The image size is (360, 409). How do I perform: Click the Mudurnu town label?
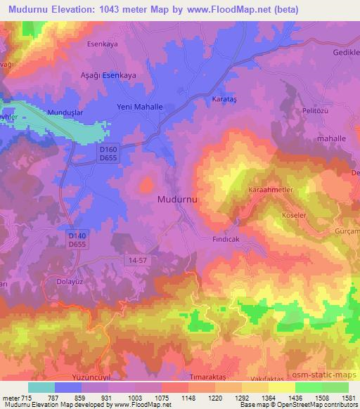coord(176,199)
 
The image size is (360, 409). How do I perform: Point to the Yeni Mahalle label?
coord(139,107)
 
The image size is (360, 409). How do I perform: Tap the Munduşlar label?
coord(65,112)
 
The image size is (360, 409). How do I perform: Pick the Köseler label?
coord(295,216)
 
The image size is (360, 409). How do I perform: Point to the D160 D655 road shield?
coord(108,155)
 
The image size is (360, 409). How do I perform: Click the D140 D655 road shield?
coord(77,239)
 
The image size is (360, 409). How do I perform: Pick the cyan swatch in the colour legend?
coord(41,387)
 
